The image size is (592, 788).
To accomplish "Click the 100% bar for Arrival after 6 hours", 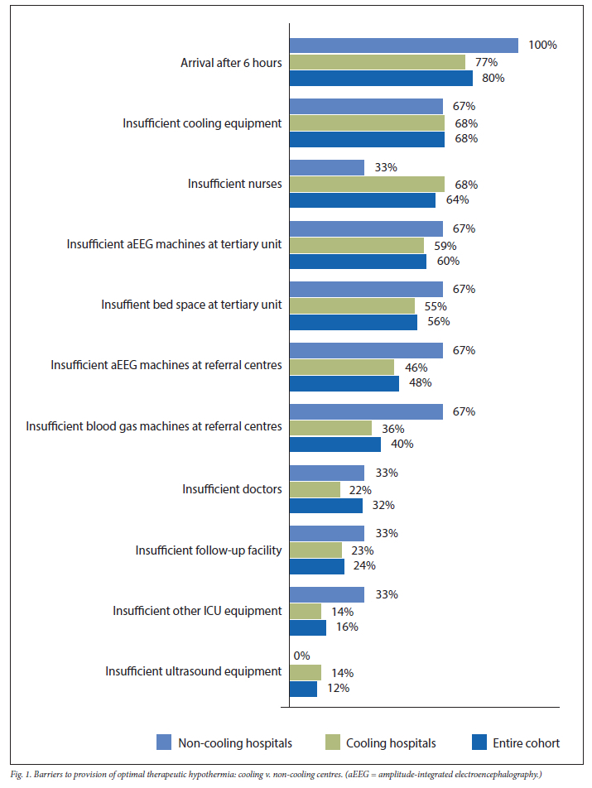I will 403,46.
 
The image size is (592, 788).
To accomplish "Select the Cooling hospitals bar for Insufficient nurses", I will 366,184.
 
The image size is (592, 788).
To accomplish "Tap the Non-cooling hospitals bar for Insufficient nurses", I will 326,168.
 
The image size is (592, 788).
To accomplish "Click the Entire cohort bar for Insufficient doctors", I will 325,505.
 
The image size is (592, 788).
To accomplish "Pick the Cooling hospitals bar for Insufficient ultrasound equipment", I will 305,672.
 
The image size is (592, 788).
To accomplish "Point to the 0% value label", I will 303,656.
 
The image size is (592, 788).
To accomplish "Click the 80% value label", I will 493,78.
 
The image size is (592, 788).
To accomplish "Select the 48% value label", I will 420,382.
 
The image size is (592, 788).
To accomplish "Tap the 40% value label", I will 402,444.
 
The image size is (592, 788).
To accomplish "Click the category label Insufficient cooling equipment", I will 202,123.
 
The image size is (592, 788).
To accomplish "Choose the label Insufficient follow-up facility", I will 209,550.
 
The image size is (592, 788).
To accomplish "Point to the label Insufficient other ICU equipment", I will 197,611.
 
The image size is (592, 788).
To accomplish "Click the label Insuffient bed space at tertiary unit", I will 191,305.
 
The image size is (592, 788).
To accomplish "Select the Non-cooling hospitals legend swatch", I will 163,742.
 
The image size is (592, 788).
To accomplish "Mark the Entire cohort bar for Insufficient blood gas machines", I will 335,444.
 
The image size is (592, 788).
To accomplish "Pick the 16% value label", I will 347,627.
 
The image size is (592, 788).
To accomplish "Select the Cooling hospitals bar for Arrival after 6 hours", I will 377,62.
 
